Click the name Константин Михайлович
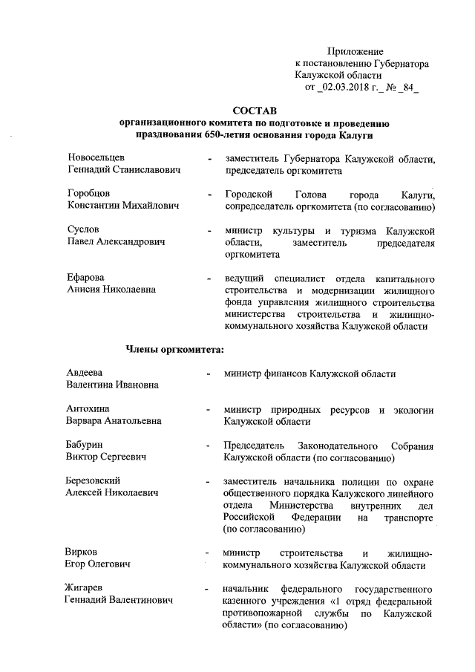pyautogui.click(x=123, y=206)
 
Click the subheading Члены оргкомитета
pyautogui.click(x=174, y=349)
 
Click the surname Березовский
pyautogui.click(x=94, y=480)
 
